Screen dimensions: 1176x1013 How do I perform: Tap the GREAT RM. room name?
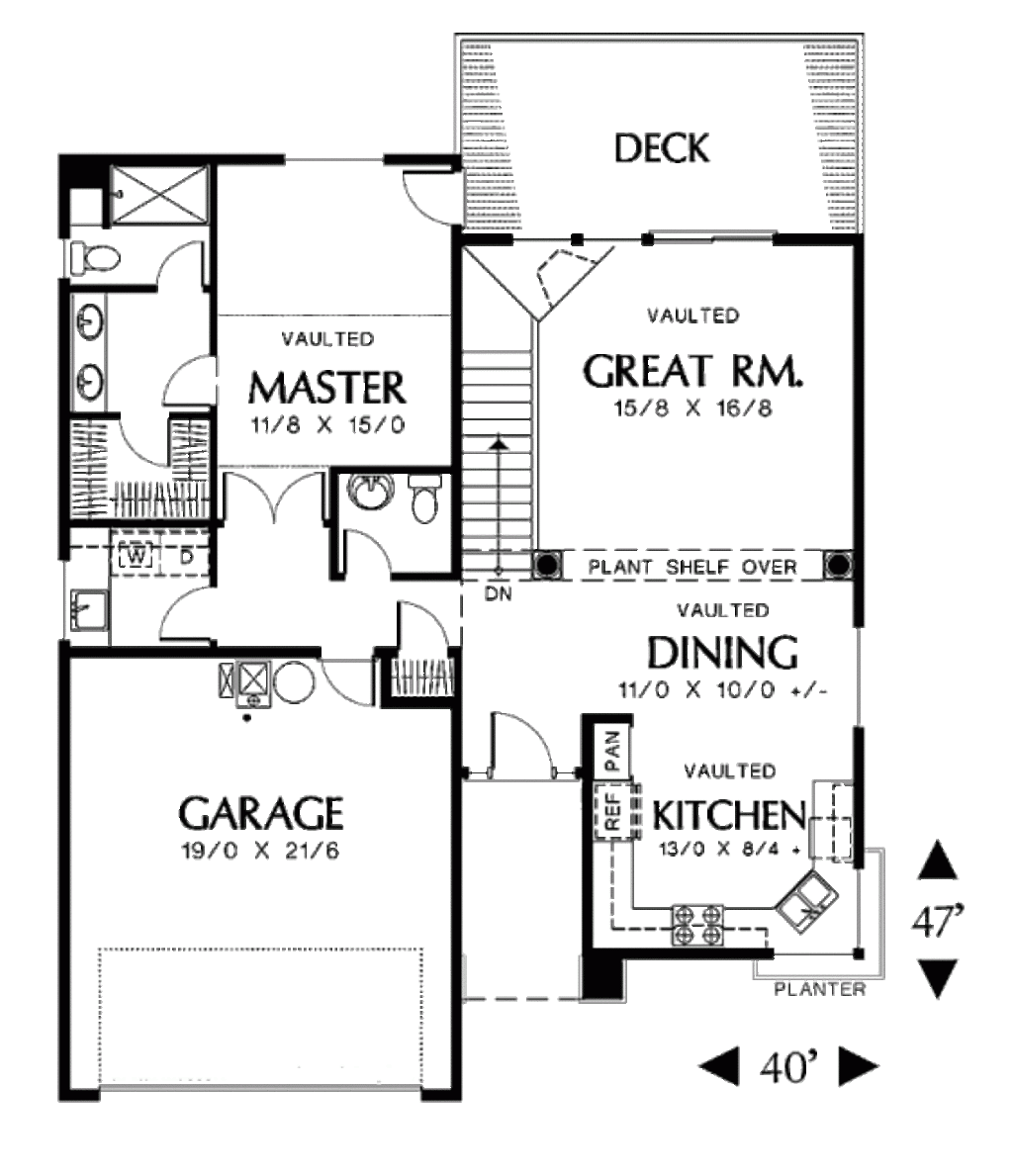tap(692, 372)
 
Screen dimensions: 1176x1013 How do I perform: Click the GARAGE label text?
tap(261, 813)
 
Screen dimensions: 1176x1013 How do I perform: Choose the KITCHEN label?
tap(727, 815)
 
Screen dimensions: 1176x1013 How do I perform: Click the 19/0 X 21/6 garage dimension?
tap(261, 851)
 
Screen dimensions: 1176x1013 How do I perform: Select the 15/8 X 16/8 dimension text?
tap(691, 408)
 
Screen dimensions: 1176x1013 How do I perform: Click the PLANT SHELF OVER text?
tap(692, 567)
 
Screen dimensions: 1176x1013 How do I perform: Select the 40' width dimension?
tap(789, 1067)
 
